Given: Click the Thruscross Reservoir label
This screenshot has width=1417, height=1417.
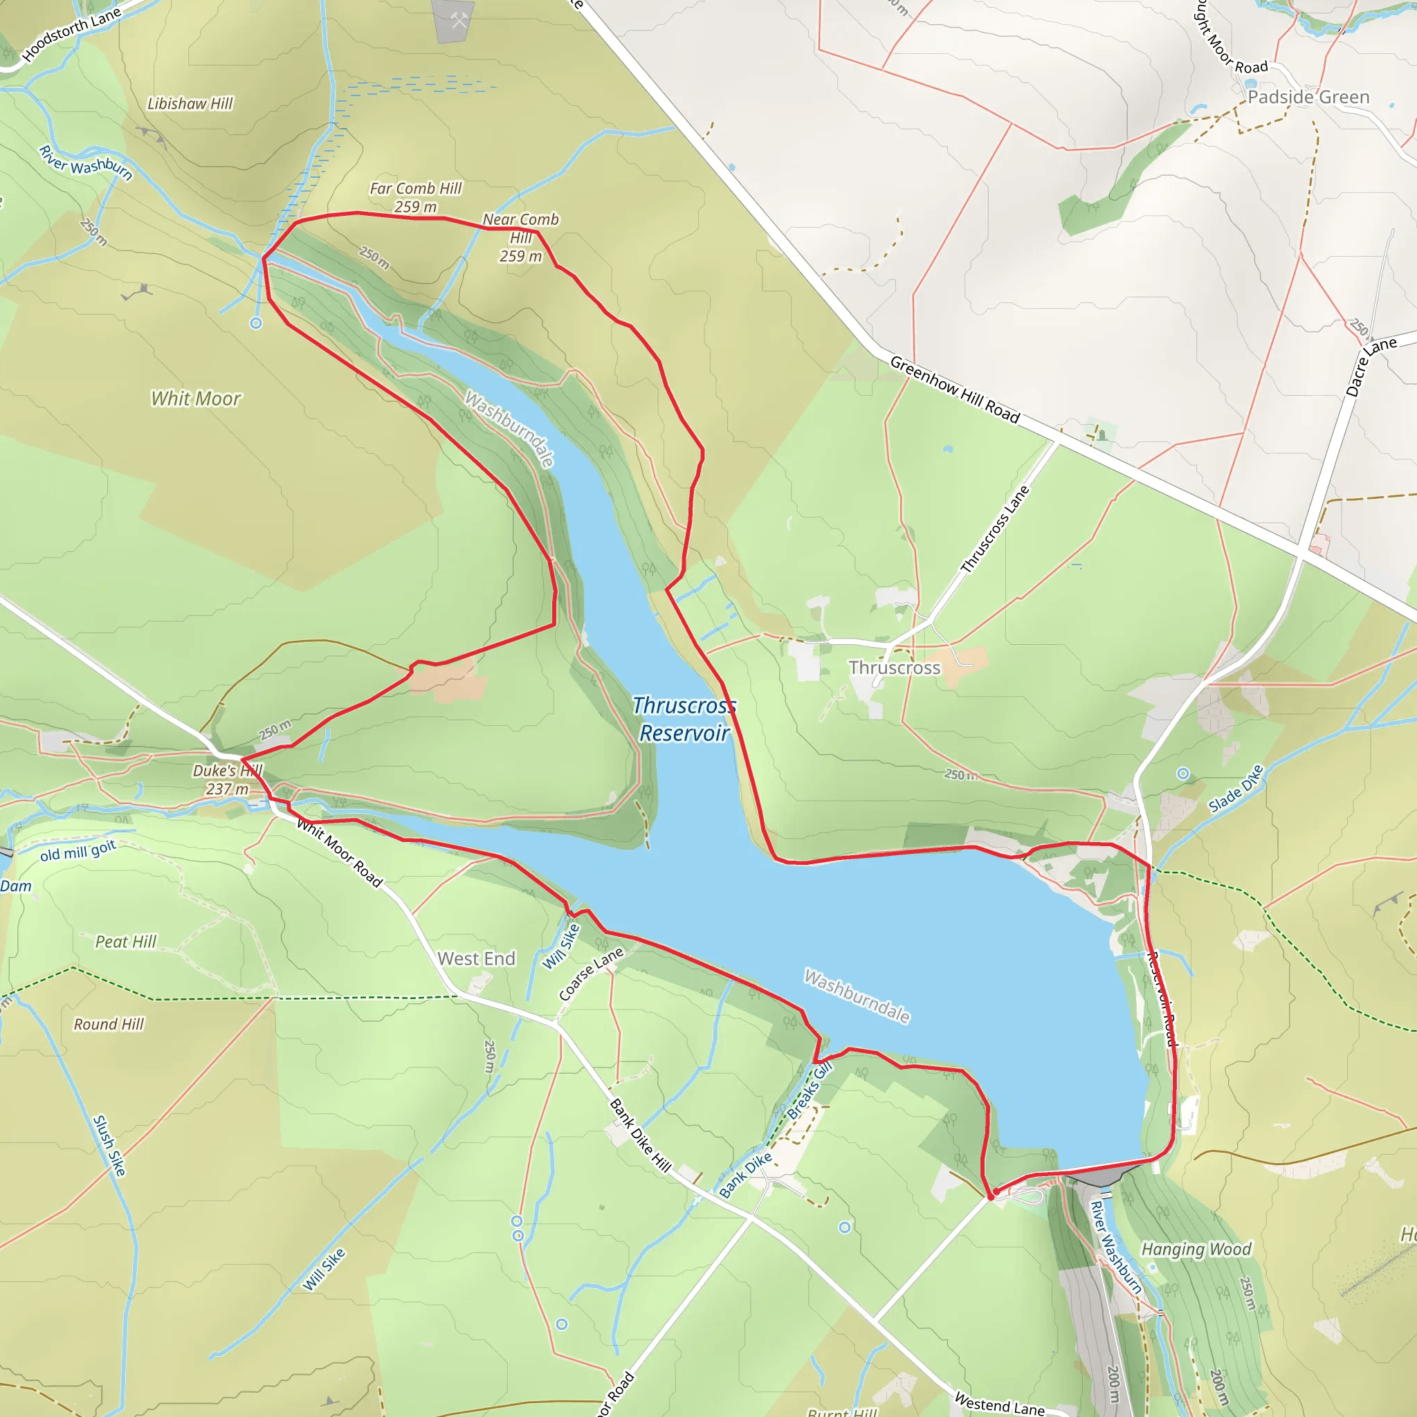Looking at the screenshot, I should tap(684, 719).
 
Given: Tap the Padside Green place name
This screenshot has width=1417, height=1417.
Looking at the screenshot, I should tap(1308, 97).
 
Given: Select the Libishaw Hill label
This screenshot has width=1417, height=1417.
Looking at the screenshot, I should tap(190, 103).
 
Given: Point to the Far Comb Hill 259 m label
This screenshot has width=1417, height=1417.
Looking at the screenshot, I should tap(415, 197).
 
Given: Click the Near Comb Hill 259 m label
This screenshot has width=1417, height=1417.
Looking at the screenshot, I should tap(521, 237).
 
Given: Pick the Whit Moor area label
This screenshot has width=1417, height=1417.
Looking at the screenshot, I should tap(196, 399).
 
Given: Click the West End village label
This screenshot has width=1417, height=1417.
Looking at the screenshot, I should tap(477, 958).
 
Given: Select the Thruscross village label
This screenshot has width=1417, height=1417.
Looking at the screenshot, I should tap(894, 668).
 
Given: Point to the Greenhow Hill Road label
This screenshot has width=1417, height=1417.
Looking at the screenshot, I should tap(954, 390).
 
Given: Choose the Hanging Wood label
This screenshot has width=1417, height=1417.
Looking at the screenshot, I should tap(1196, 1249).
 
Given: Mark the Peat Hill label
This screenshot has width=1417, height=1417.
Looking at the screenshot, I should tap(126, 942).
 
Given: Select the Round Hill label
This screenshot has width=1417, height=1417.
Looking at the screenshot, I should tap(109, 1024).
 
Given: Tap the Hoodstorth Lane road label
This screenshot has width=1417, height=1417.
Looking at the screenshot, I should tap(71, 35).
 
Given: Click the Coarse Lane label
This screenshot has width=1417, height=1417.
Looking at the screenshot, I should tap(591, 973).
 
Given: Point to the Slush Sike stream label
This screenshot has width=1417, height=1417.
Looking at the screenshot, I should tap(109, 1146).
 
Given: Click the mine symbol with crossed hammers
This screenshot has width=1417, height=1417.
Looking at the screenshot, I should tap(459, 21).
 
